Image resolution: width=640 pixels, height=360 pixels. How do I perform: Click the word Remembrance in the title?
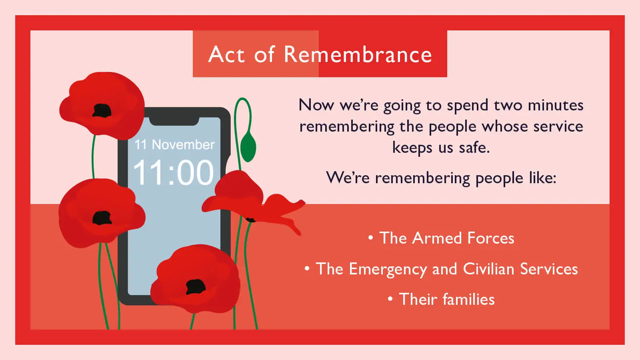tap(358, 54)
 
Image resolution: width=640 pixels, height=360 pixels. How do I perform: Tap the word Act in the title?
tap(226, 54)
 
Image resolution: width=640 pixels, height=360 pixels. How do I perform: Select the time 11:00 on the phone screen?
tap(173, 173)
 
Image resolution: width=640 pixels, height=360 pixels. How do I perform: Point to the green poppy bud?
tap(248, 147)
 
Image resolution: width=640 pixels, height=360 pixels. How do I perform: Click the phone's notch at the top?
tap(174, 120)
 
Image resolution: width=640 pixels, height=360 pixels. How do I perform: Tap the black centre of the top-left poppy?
tap(102, 111)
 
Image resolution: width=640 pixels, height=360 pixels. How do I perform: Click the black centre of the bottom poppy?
tap(196, 286)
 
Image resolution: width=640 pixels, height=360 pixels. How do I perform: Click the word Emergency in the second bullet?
tap(388, 269)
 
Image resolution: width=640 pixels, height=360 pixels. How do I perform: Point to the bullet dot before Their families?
tap(390, 299)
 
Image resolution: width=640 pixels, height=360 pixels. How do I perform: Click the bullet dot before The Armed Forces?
tap(370, 238)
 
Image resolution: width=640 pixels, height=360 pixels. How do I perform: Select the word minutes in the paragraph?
tap(556, 105)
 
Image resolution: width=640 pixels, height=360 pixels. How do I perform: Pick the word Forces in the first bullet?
tap(491, 238)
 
